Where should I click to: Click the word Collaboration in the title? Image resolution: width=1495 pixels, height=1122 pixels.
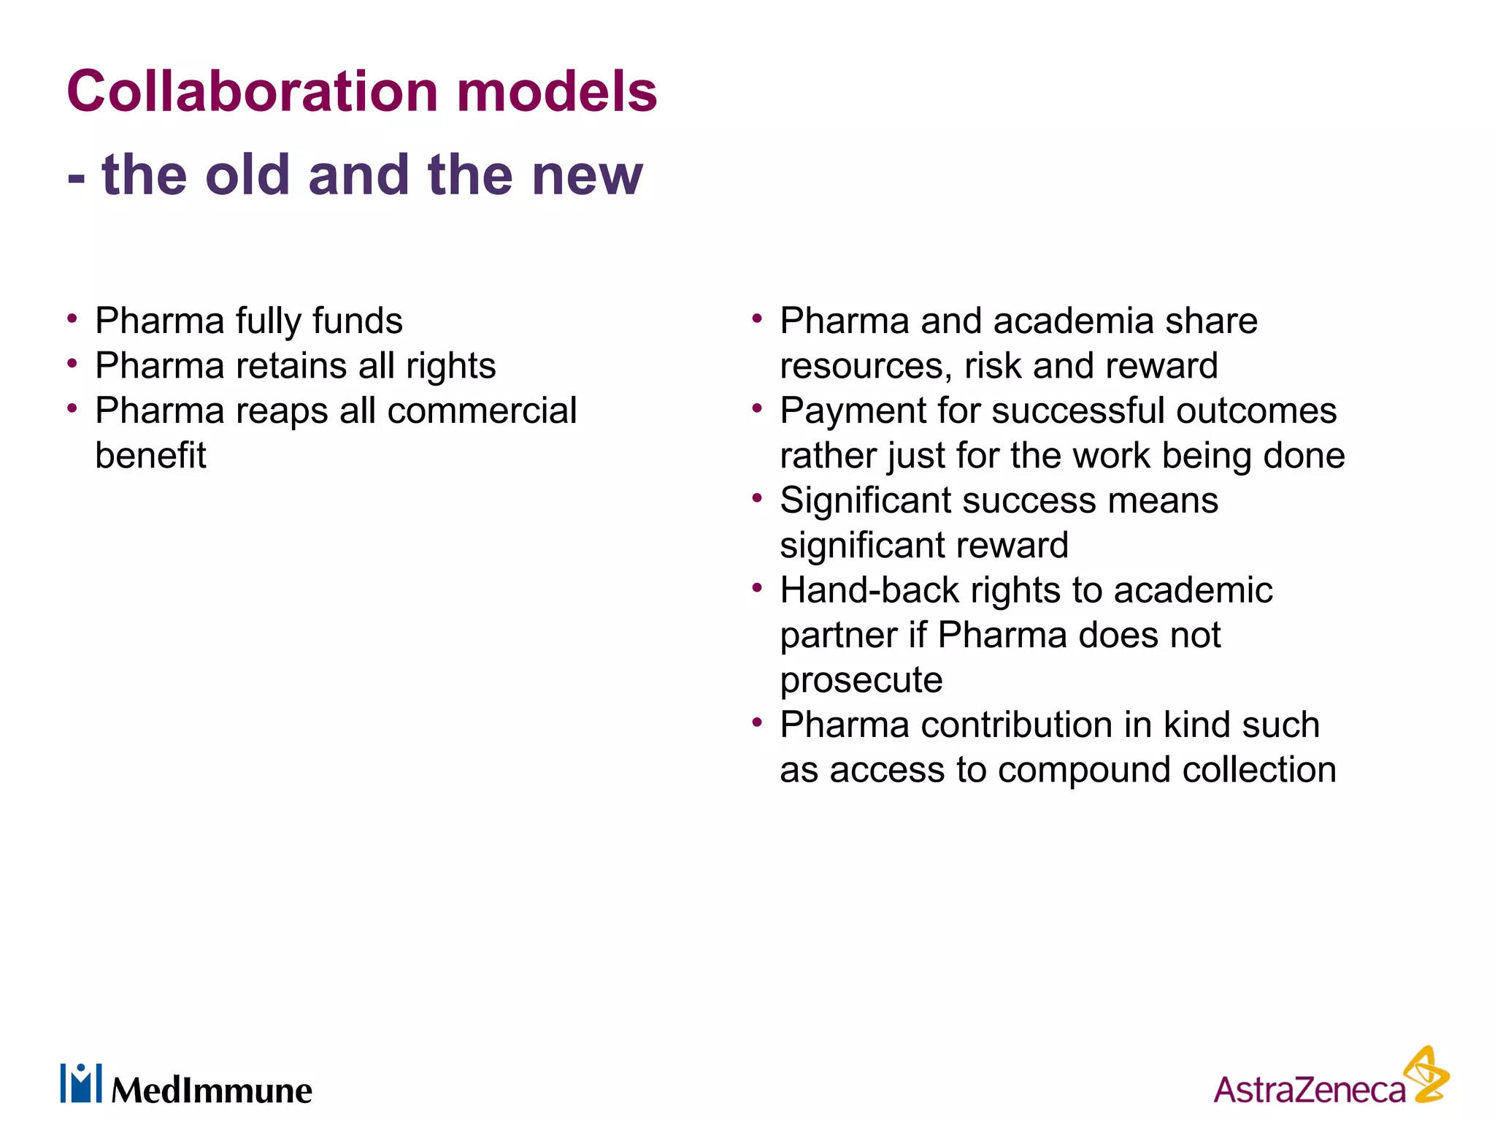pyautogui.click(x=253, y=92)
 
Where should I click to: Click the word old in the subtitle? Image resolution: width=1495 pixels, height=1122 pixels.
pyautogui.click(x=247, y=175)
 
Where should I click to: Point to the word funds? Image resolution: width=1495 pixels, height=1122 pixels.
pyautogui.click(x=357, y=321)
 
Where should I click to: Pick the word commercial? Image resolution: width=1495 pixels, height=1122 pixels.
pyautogui.click(x=482, y=411)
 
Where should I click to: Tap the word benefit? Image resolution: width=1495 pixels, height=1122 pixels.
pyautogui.click(x=151, y=456)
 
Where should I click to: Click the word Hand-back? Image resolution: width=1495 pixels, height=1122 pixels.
pyautogui.click(x=869, y=590)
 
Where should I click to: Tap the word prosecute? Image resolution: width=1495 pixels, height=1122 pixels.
pyautogui.click(x=861, y=681)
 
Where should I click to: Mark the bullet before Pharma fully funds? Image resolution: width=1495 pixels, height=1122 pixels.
pyautogui.click(x=72, y=319)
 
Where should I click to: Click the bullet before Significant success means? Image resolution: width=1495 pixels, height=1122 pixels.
pyautogui.click(x=757, y=499)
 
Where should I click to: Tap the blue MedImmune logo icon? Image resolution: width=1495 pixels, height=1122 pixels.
pyautogui.click(x=81, y=1083)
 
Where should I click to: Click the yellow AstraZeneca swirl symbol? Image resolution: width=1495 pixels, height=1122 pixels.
pyautogui.click(x=1427, y=1075)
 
